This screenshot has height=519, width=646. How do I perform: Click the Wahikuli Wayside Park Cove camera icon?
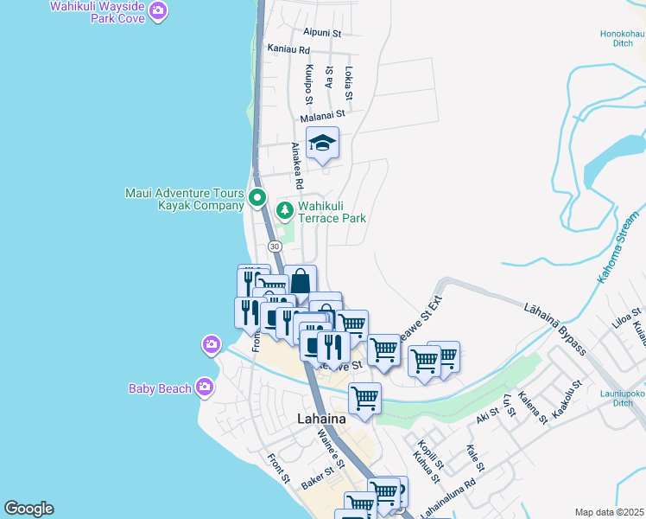[x=158, y=10]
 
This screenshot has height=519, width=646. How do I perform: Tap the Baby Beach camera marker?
[x=205, y=387]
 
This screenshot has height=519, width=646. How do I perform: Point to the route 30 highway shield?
[x=275, y=247]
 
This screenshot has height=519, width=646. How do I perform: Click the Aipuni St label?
[x=320, y=33]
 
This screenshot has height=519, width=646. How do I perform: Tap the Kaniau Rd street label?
[x=288, y=49]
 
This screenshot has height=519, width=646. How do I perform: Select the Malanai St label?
[x=323, y=113]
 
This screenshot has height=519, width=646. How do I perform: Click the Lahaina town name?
[x=321, y=419]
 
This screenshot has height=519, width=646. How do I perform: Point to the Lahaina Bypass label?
[x=555, y=329]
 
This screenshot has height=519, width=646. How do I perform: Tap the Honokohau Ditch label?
[x=622, y=39]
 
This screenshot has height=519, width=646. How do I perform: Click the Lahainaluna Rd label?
[x=447, y=501]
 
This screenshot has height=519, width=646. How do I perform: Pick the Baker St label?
[x=318, y=479]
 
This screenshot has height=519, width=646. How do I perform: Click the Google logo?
[x=28, y=509]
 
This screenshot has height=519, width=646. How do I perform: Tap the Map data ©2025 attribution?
[x=609, y=512]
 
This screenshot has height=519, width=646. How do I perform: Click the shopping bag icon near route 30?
[x=301, y=281]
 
